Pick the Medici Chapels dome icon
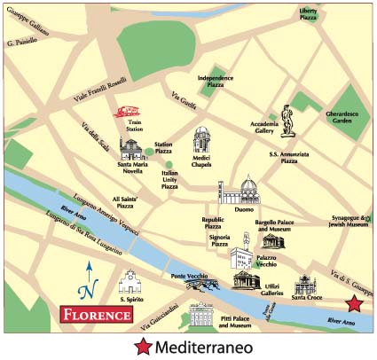203,140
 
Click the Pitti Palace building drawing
202,314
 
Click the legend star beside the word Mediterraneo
142,347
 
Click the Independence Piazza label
216,81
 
